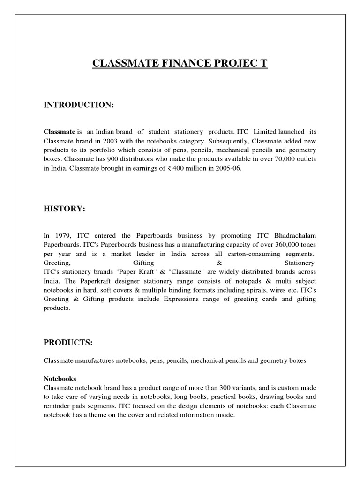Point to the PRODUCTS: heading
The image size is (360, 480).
click(x=68, y=342)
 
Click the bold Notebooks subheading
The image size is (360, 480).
click(x=60, y=378)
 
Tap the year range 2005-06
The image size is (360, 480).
click(x=227, y=169)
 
